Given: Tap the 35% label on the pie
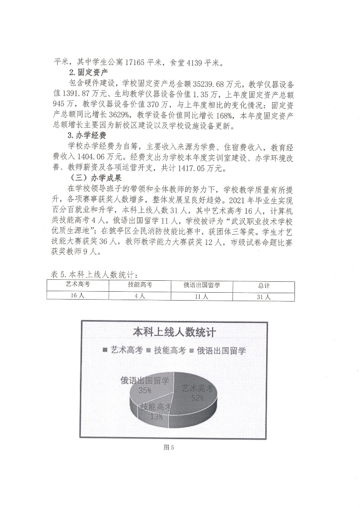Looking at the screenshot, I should click(x=145, y=390).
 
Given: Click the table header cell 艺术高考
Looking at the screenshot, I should click(x=78, y=284).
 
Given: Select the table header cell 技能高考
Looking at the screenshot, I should click(x=140, y=284).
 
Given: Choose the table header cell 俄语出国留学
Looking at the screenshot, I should click(x=202, y=285).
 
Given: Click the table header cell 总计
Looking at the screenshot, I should click(x=264, y=285).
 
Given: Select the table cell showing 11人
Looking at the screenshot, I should click(x=202, y=296).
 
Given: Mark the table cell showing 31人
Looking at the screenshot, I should click(x=264, y=296).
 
